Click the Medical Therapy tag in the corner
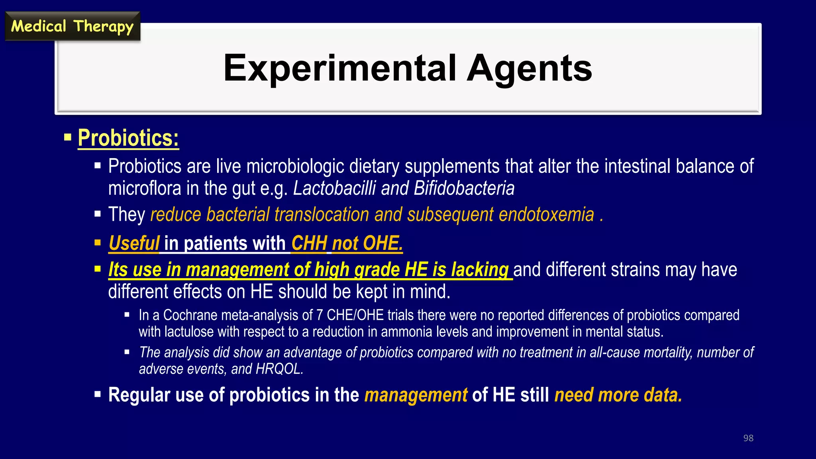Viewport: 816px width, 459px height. point(72,26)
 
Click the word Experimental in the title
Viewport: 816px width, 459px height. point(339,68)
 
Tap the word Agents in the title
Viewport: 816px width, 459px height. point(530,68)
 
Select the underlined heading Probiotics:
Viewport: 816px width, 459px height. point(128,138)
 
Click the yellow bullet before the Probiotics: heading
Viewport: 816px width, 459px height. point(68,138)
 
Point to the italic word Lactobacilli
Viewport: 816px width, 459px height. point(334,188)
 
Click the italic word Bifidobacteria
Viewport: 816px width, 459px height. point(464,188)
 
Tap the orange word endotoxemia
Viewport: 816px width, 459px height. point(546,215)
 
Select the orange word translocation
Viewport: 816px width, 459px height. point(322,215)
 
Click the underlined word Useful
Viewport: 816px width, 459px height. point(134,243)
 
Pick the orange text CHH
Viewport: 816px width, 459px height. point(309,243)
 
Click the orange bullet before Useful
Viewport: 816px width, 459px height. point(98,243)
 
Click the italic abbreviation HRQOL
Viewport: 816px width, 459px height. point(279,369)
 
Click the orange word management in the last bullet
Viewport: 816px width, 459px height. point(416,395)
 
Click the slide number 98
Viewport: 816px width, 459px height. point(748,438)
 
